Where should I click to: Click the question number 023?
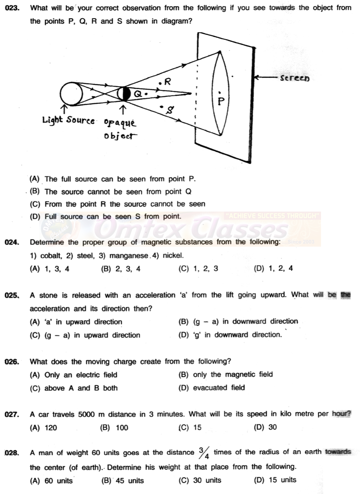tap(12, 8)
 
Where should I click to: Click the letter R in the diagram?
tap(168, 82)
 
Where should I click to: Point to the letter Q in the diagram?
tap(138, 94)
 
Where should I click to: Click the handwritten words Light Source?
tap(69, 120)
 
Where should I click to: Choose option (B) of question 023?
tap(110, 192)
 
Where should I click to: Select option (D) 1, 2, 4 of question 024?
tap(273, 268)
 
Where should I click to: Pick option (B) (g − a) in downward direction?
tap(238, 321)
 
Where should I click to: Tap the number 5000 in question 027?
tap(87, 414)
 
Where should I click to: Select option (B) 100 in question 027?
tap(115, 428)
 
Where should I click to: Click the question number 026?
tap(12, 362)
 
